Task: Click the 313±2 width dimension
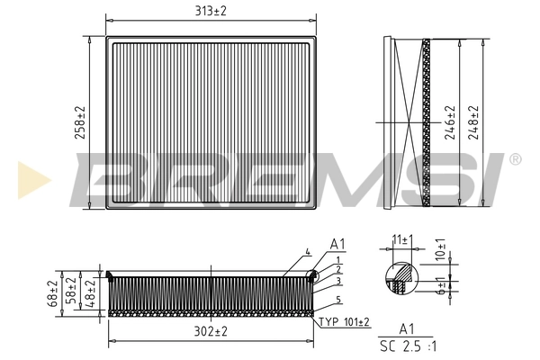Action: pos(211,10)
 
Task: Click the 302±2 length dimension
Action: pos(211,332)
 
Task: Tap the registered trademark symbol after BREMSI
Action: pos(515,159)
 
